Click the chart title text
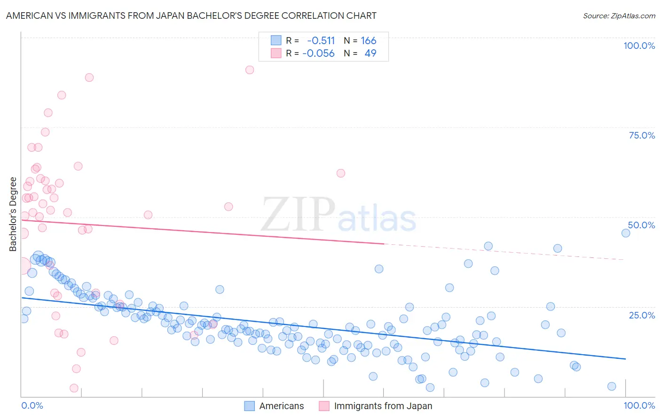191,16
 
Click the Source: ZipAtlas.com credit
619,16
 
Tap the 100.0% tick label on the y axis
639,46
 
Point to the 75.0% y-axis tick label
642,135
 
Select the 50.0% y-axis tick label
641,225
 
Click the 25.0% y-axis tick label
642,315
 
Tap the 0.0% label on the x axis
32,405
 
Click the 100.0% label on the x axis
639,405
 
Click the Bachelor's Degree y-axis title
13,214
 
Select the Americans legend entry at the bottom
281,406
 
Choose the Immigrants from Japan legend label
383,406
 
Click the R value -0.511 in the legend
321,41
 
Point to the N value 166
369,41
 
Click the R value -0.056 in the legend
318,53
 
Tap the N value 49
370,53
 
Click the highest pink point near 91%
250,70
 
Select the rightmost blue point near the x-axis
612,386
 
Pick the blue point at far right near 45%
626,233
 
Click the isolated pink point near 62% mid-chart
341,173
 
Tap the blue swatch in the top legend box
276,40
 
